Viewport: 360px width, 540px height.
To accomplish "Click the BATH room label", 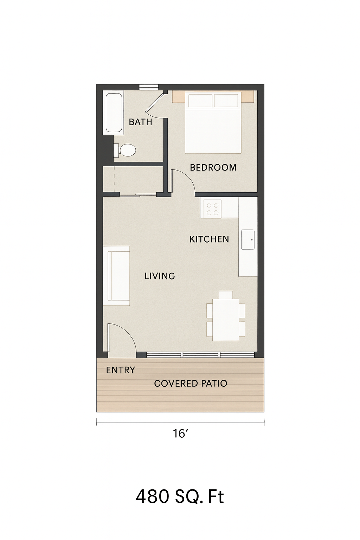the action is click(x=140, y=122).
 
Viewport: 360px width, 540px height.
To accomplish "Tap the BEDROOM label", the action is click(x=213, y=168).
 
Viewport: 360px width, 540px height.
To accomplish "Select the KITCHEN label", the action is click(x=209, y=239).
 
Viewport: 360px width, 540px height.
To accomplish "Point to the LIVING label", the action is click(x=160, y=276).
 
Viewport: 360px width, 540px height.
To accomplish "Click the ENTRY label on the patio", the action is click(x=120, y=370).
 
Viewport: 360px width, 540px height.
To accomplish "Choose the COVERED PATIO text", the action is click(x=191, y=383).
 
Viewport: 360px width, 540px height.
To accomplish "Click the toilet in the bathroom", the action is click(x=124, y=150).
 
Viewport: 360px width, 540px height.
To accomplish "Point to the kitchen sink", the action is click(x=248, y=239).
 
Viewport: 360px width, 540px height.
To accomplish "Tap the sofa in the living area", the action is click(x=116, y=276).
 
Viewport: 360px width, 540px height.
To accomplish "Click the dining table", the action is click(x=226, y=320).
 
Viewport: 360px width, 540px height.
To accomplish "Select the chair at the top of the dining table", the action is click(x=226, y=295).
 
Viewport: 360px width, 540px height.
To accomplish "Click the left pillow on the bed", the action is click(x=201, y=101).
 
